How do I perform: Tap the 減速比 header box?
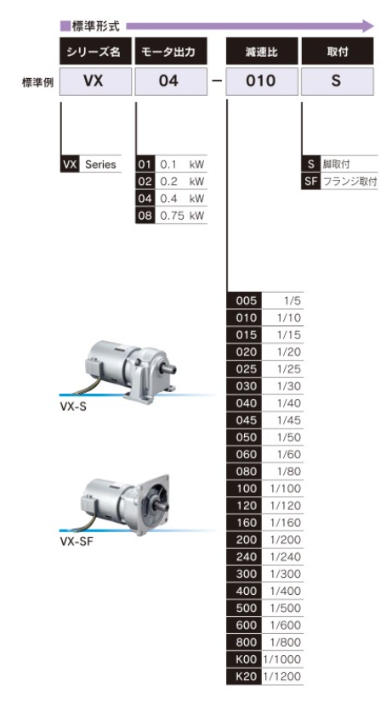point(262,52)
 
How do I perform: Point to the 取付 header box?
point(338,52)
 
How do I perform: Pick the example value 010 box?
point(262,81)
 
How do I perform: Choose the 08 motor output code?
point(145,216)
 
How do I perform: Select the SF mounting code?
point(311,182)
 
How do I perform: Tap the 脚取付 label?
point(337,165)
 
